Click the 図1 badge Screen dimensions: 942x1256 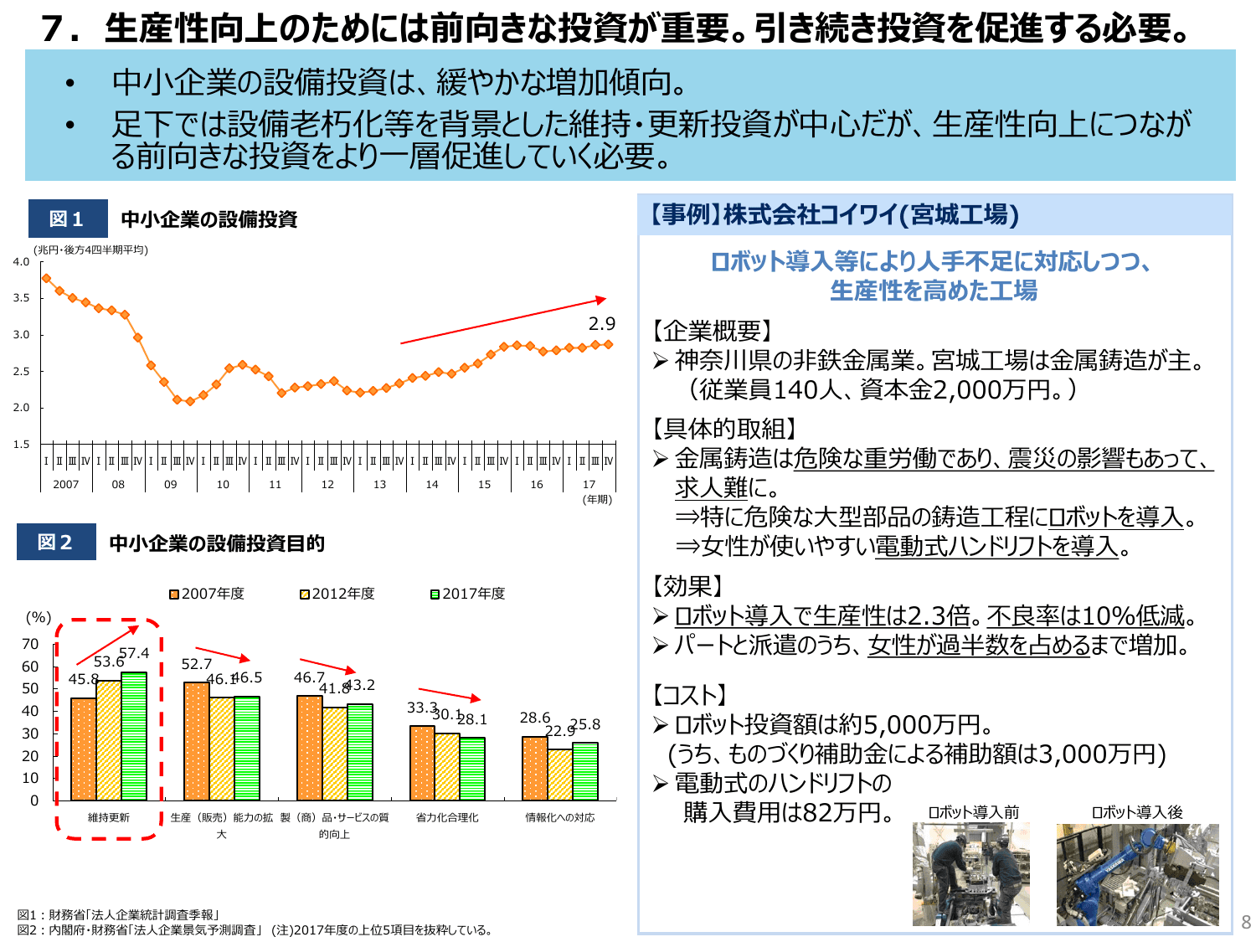point(67,219)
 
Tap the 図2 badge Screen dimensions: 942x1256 point(55,542)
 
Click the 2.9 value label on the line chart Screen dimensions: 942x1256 point(601,324)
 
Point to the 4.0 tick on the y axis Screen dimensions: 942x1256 point(21,262)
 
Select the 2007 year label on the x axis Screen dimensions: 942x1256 point(65,484)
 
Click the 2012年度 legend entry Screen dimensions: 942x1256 point(337,594)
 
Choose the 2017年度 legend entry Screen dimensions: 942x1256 point(468,594)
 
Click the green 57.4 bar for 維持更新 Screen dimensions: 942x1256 point(134,737)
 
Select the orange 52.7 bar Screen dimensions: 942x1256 point(197,741)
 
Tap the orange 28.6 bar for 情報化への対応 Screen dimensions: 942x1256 point(535,769)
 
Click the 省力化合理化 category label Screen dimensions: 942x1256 point(447,817)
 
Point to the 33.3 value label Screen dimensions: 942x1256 point(422,708)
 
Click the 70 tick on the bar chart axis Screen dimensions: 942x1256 point(30,644)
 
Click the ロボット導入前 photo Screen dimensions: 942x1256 point(971,874)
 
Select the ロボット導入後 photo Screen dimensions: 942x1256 point(1137,874)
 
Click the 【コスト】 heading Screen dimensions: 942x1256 point(689,695)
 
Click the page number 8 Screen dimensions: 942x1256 point(1246,923)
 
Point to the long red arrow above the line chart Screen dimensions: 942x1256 point(502,321)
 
